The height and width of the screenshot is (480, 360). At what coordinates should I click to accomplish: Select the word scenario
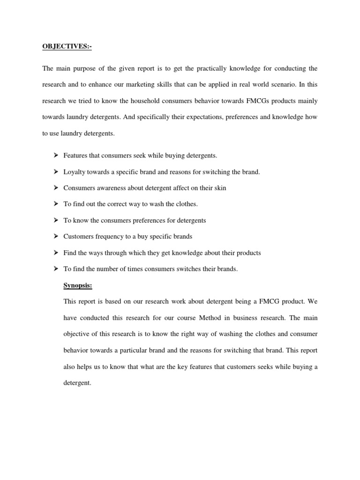pyautogui.click(x=282, y=85)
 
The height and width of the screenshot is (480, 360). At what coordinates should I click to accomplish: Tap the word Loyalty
pyautogui.click(x=73, y=172)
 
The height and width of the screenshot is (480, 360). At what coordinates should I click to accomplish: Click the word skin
pyautogui.click(x=220, y=188)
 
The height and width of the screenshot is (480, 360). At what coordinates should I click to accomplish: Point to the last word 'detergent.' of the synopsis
pyautogui.click(x=77, y=383)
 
